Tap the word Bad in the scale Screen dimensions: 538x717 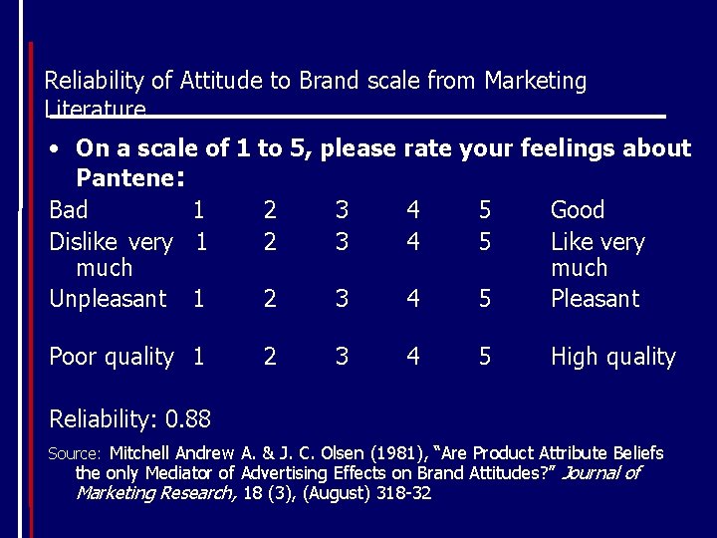(69, 210)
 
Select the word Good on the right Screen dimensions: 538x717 (578, 210)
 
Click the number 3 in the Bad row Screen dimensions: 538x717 (342, 210)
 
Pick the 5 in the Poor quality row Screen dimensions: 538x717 (485, 357)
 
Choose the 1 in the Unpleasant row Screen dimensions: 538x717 (200, 299)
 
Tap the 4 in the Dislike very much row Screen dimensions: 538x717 (413, 242)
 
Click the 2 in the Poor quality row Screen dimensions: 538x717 (270, 357)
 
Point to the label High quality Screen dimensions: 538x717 (612, 357)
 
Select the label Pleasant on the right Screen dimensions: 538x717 (595, 299)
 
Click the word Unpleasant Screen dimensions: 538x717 (108, 299)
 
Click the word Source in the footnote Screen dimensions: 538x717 (73, 454)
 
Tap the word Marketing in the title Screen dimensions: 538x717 (535, 81)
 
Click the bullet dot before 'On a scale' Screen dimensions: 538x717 (57, 149)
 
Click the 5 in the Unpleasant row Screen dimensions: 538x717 (485, 299)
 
